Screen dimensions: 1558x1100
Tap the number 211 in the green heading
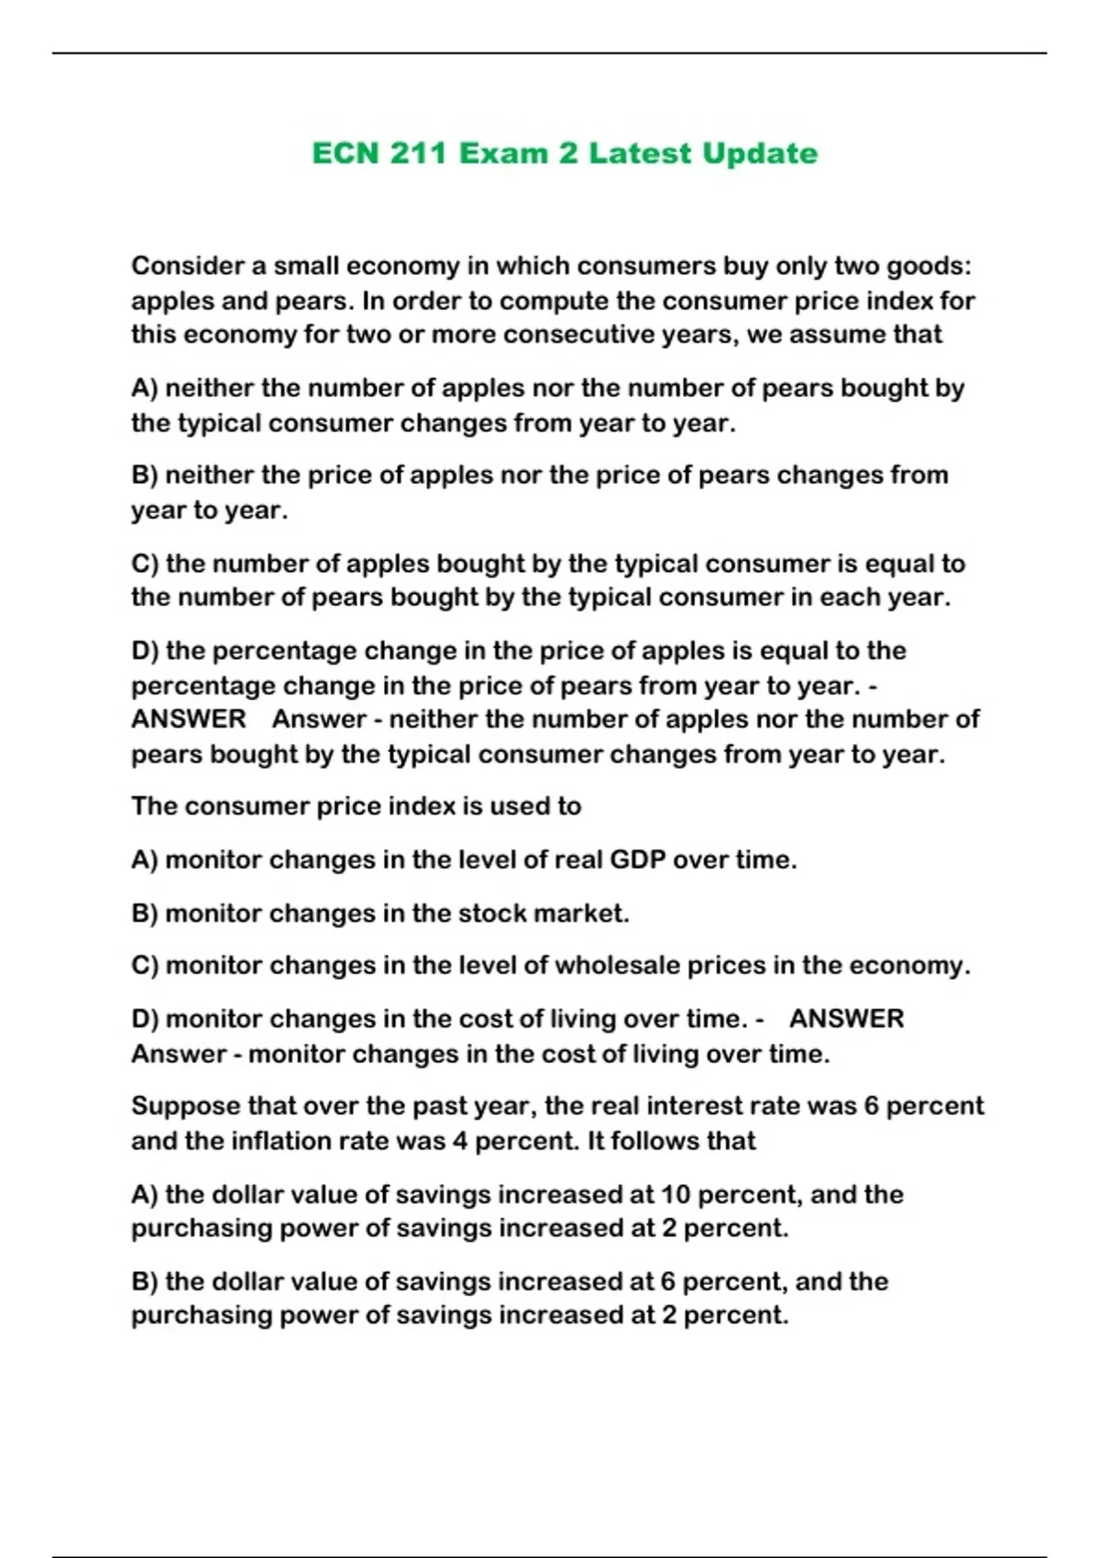point(419,153)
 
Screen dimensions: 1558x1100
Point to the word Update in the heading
point(759,153)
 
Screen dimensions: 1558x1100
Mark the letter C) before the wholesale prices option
point(145,965)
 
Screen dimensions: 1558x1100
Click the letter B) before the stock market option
point(145,913)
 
